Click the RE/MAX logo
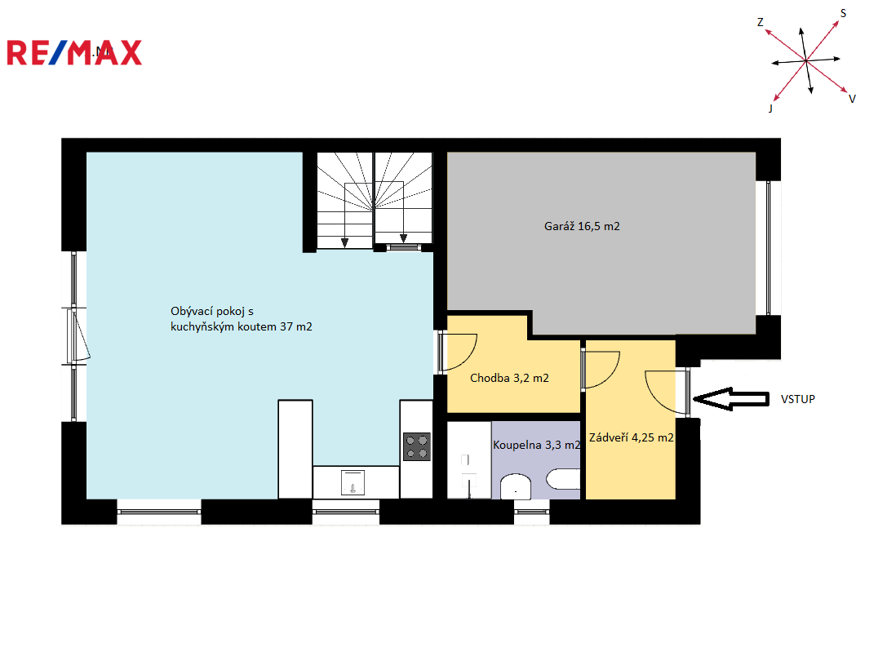click(x=74, y=52)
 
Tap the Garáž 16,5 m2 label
click(x=582, y=226)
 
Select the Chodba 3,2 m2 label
click(x=509, y=378)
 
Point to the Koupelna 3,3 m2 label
click(x=536, y=445)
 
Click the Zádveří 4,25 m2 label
click(x=632, y=437)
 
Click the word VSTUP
click(x=797, y=399)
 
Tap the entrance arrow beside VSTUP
click(x=731, y=399)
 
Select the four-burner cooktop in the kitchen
click(x=417, y=446)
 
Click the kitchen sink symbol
click(x=353, y=483)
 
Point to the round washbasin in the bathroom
click(x=516, y=486)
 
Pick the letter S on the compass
click(x=843, y=13)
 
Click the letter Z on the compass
click(x=761, y=22)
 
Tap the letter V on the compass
click(x=852, y=99)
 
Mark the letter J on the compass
click(x=770, y=108)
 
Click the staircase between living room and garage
click(x=375, y=200)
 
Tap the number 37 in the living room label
click(x=286, y=326)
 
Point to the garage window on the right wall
click(x=768, y=248)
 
